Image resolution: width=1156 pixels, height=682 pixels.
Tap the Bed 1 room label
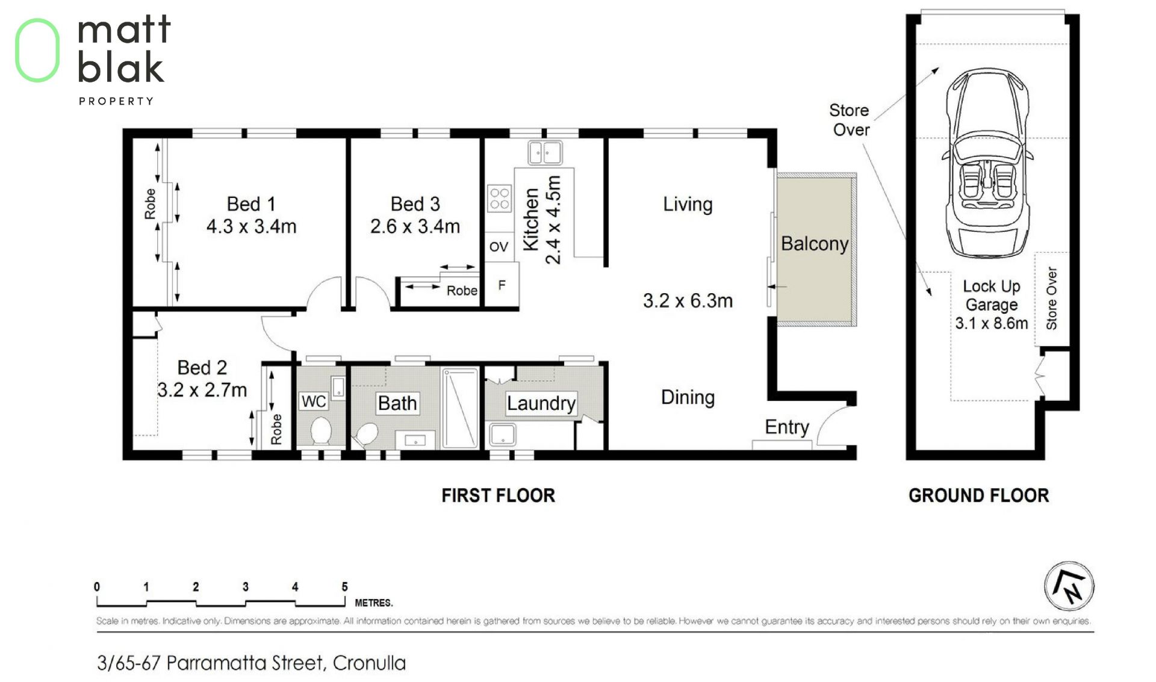click(x=251, y=204)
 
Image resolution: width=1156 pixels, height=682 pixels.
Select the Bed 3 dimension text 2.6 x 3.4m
click(x=415, y=226)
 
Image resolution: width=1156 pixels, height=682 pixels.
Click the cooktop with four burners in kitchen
click(x=499, y=199)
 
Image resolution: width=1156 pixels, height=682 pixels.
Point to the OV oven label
click(x=499, y=246)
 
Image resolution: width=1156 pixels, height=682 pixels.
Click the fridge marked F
click(x=502, y=285)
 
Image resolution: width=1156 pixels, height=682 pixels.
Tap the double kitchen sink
click(x=545, y=153)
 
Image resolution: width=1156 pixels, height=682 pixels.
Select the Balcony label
click(x=815, y=244)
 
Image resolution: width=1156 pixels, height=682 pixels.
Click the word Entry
click(x=787, y=427)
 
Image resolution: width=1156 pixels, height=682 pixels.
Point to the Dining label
click(x=688, y=397)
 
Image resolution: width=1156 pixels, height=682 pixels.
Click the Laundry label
click(x=541, y=403)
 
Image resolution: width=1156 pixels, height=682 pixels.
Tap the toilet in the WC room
click(x=320, y=430)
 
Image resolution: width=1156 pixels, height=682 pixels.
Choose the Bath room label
click(x=397, y=403)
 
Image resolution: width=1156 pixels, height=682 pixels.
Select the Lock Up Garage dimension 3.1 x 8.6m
click(x=992, y=323)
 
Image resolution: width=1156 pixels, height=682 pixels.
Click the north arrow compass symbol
click(x=1069, y=586)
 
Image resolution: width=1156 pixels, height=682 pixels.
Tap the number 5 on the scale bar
click(x=344, y=587)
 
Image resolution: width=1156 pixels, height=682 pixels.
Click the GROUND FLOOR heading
click(x=978, y=495)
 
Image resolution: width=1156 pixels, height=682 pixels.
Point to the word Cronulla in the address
click(x=369, y=663)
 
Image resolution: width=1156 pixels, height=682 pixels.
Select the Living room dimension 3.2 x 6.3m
click(x=688, y=300)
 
